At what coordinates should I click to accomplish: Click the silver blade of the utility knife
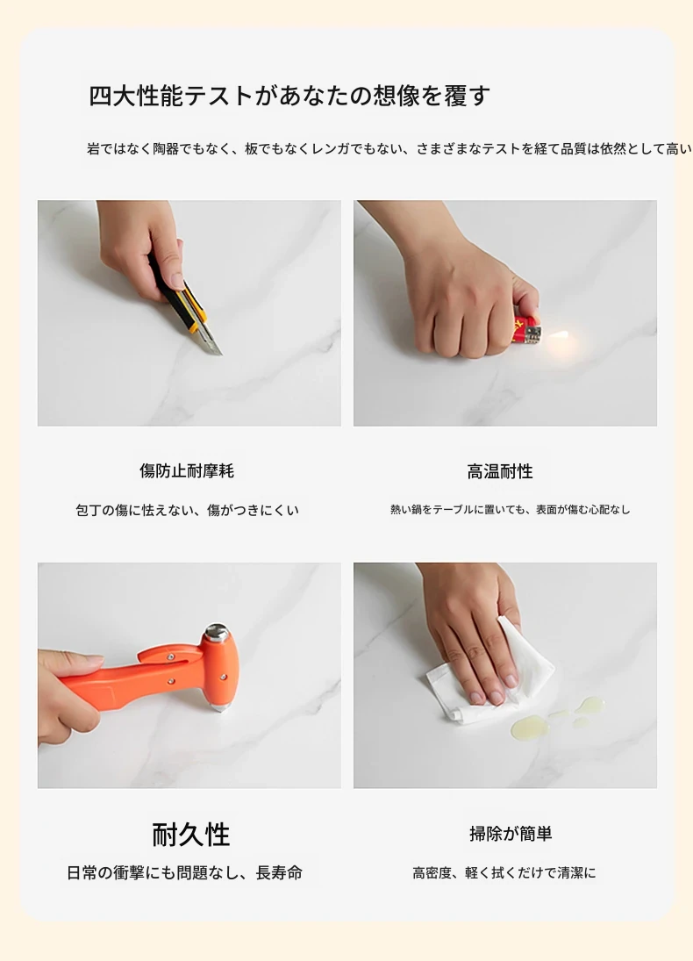point(210,341)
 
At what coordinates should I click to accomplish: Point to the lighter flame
point(560,335)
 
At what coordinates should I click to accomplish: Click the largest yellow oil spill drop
point(527,727)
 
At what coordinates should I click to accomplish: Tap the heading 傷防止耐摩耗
point(187,470)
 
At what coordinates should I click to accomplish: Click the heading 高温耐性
point(500,471)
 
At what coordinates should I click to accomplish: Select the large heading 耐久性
point(191,835)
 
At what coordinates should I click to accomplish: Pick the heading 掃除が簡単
point(511,834)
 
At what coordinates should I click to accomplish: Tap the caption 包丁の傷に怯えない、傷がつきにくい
point(187,510)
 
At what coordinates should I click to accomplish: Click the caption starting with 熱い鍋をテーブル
point(511,509)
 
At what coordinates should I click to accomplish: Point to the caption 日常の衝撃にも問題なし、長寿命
point(184,872)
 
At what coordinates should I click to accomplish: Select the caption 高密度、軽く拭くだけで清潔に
point(504,872)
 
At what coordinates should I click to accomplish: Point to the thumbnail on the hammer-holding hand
point(92,663)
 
